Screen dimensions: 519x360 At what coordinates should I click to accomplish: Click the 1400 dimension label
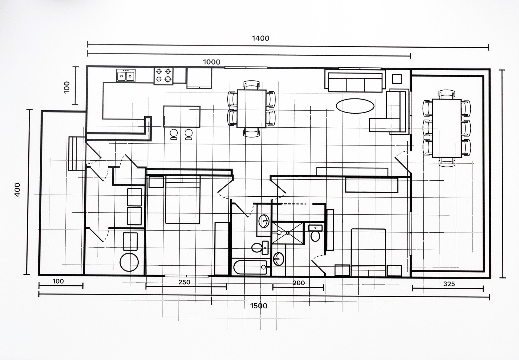(x=261, y=38)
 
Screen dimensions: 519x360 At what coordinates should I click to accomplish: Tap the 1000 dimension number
(x=212, y=62)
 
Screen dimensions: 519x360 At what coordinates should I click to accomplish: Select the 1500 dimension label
(x=259, y=306)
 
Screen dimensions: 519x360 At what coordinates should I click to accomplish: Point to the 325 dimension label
(x=449, y=284)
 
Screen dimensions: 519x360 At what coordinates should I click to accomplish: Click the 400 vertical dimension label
(x=17, y=190)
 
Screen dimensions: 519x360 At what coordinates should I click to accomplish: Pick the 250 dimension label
(x=184, y=282)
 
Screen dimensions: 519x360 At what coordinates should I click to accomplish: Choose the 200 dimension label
(x=299, y=283)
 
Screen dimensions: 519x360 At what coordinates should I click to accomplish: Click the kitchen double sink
(x=126, y=75)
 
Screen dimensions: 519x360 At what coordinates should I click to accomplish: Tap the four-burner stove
(x=164, y=76)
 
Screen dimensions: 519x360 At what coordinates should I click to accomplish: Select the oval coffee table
(x=355, y=106)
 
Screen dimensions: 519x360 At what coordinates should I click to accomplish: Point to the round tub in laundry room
(x=129, y=262)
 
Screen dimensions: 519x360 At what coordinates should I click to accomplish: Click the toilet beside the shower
(x=315, y=233)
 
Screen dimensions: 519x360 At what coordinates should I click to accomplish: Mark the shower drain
(x=288, y=233)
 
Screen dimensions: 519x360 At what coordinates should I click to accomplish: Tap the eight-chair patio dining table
(x=447, y=128)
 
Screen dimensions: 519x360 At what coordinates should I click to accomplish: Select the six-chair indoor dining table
(x=251, y=108)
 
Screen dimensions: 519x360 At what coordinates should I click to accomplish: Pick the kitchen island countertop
(x=182, y=117)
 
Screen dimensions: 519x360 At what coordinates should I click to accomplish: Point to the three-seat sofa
(x=355, y=81)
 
